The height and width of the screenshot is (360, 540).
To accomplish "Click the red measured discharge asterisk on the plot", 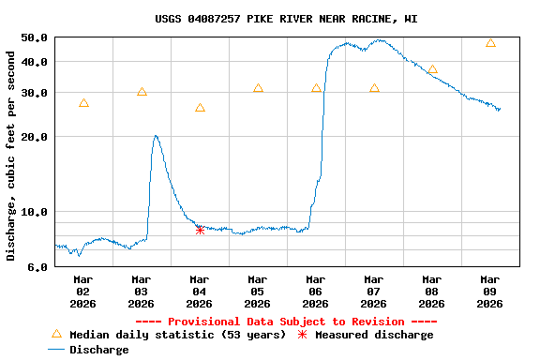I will (200, 229).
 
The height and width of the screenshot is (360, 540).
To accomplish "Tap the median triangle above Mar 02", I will (83, 103).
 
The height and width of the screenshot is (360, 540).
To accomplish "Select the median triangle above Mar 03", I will (142, 92).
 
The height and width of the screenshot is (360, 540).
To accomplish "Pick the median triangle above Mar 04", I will (200, 109).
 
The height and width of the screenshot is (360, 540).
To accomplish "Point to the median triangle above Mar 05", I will (258, 88).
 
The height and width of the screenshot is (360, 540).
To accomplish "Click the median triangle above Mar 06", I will (316, 88).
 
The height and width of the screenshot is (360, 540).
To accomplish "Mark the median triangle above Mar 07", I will (374, 88).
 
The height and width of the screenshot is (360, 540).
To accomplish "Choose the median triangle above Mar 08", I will (432, 69).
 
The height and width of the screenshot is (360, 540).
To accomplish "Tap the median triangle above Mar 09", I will (490, 43).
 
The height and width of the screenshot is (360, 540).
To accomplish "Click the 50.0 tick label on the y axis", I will (34, 37).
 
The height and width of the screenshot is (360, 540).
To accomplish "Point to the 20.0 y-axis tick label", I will (34, 137).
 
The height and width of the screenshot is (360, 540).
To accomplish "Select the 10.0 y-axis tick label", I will (34, 212).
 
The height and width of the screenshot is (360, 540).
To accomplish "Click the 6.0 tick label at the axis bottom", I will (37, 267).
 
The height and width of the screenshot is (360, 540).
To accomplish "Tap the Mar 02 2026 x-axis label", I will (83, 291).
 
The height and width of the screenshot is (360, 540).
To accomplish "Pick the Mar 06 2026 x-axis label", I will (316, 291).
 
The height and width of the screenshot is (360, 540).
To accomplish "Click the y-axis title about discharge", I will (11, 156).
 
